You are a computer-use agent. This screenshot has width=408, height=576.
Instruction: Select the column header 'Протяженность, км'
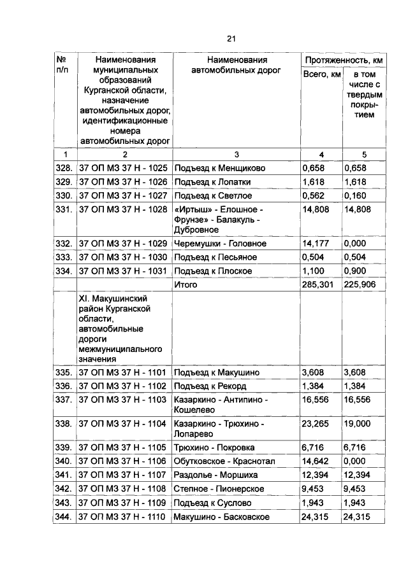pyautogui.click(x=343, y=60)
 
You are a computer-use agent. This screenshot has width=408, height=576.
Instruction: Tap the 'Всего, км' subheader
pyautogui.click(x=321, y=76)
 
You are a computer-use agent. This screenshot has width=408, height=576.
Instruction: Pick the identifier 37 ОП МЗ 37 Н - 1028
pyautogui.click(x=122, y=209)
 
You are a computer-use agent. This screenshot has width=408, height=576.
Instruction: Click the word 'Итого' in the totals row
pyautogui.click(x=186, y=284)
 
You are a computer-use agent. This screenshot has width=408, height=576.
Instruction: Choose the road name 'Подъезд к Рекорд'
pyautogui.click(x=210, y=386)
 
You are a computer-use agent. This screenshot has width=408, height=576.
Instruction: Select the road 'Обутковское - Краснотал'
pyautogui.click(x=224, y=461)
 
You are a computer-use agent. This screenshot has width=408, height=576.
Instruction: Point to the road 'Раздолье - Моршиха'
pyautogui.click(x=214, y=475)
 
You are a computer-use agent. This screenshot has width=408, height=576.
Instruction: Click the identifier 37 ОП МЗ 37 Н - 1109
pyautogui.click(x=122, y=503)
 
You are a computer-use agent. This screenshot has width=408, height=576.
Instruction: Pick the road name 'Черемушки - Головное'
pyautogui.click(x=219, y=244)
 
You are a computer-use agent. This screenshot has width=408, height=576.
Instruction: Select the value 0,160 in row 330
pyautogui.click(x=356, y=195)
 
